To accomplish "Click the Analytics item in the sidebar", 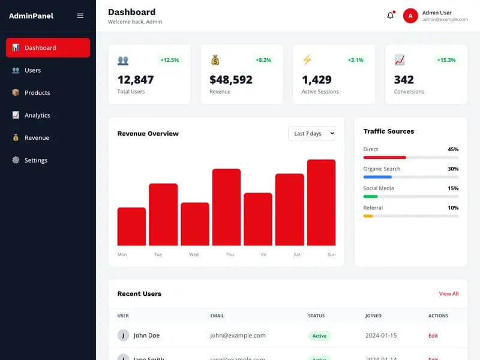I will coord(37,115).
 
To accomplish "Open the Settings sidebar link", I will coord(35,160).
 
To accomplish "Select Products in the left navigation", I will coord(37,93).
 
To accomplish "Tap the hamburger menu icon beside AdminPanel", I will coord(80,16).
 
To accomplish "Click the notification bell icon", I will coord(391,16).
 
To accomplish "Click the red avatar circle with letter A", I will coord(410,16).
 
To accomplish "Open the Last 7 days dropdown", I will coord(311,133).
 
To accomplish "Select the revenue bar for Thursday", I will coord(226,207).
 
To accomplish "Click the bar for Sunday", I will coord(321,202).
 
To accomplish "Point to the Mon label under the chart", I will coord(122,254).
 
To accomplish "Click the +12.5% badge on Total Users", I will coord(169,60).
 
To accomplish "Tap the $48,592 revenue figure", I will coord(231,80).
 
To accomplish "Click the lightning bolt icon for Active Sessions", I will coord(307,60).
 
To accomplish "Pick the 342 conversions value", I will coord(404,80).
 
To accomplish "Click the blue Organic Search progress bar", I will coord(377,177).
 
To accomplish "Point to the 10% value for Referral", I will coord(453,208).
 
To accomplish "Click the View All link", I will coord(448,293).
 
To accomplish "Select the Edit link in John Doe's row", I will coord(433,335).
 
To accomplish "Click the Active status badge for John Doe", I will coord(319,335).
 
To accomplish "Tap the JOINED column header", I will coord(373,316).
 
